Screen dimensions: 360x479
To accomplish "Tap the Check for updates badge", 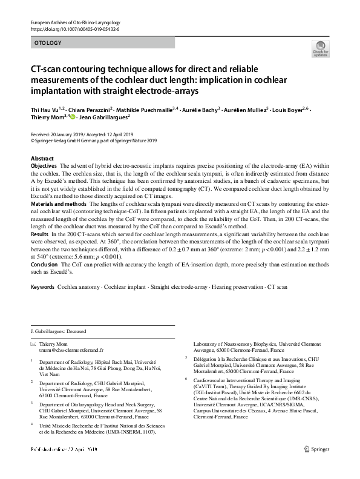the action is [319, 48].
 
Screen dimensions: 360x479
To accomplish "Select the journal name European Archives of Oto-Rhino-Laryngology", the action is [76, 22].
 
